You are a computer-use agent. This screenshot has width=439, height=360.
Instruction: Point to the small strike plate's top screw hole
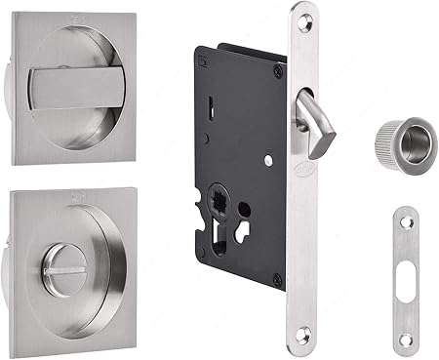pyautogui.click(x=406, y=224)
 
